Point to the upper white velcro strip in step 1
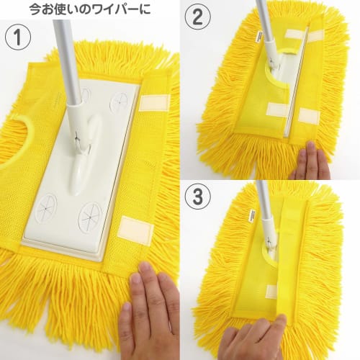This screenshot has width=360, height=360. point(153,102)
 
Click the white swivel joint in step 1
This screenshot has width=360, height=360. point(80,144)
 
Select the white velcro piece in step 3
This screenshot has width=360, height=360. point(271,292)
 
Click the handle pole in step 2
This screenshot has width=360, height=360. point(265,29)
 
